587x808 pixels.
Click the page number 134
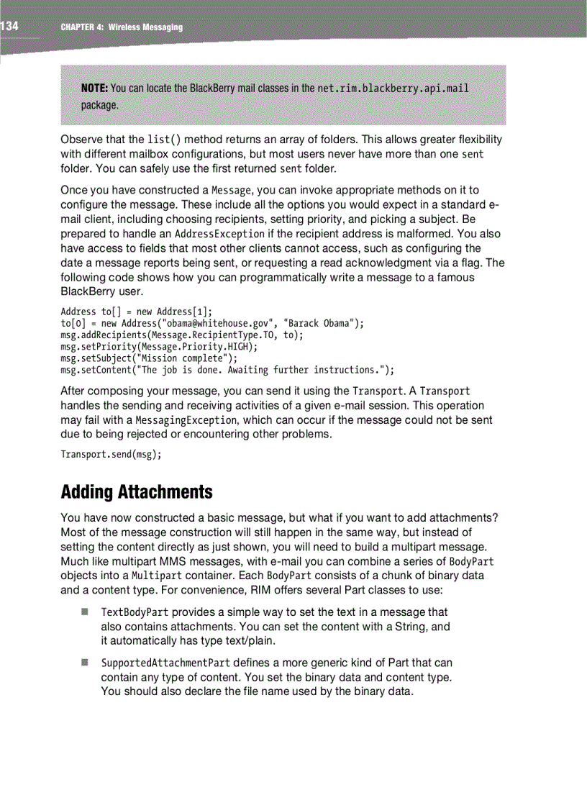9,27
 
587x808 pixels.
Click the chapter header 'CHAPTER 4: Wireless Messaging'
122,27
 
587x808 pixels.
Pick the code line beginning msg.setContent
227,370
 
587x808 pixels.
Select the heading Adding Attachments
137,493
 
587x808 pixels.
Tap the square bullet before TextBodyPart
84,612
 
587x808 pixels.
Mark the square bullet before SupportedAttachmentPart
84,662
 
